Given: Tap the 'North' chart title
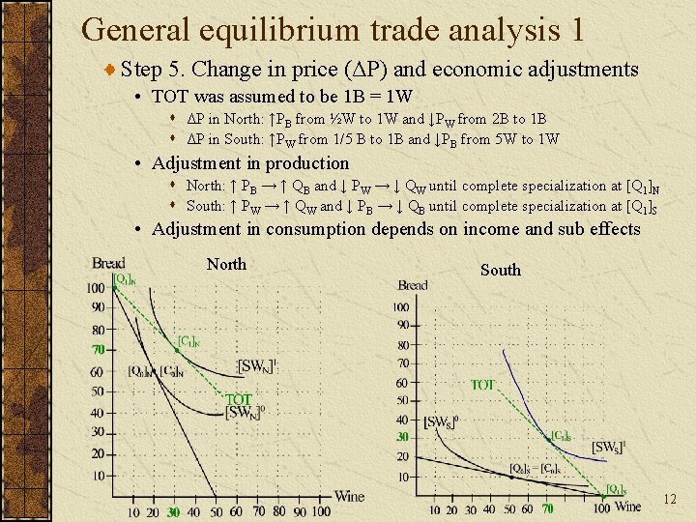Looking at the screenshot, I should [226, 264].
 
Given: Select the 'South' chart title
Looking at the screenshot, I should [500, 270].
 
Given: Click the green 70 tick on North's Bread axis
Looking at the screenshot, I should [98, 350].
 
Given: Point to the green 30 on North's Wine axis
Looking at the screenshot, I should [173, 511].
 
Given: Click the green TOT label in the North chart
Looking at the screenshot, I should [239, 399].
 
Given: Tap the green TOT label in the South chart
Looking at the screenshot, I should [483, 385].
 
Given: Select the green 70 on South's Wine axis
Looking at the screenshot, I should [547, 509].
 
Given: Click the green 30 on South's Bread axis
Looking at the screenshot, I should [402, 437].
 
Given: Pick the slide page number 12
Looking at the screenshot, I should [670, 499].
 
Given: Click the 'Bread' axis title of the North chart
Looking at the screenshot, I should [108, 263].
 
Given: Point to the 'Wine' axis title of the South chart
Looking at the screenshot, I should [627, 507].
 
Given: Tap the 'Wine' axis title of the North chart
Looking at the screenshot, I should [349, 496].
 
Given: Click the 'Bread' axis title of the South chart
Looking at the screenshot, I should [413, 285].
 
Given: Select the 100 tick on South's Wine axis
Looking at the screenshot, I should [601, 509].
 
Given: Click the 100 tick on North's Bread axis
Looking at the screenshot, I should [96, 288].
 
